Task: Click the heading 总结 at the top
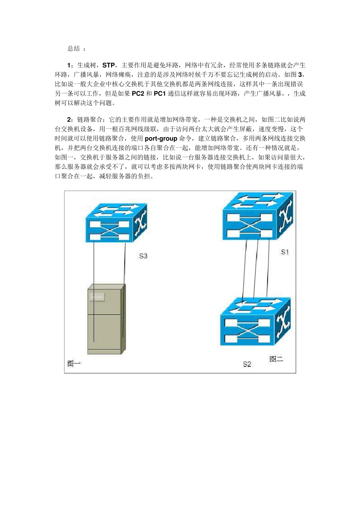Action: [x=74, y=48]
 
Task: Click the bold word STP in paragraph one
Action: [x=108, y=66]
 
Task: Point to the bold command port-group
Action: [x=161, y=139]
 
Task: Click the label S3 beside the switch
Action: [x=143, y=256]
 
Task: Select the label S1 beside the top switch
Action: [x=285, y=252]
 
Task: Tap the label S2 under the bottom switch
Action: [x=247, y=364]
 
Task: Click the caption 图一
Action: [x=74, y=364]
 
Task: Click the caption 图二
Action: [x=276, y=359]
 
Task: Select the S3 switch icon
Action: [x=116, y=223]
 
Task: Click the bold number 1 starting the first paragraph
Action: [x=69, y=66]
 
